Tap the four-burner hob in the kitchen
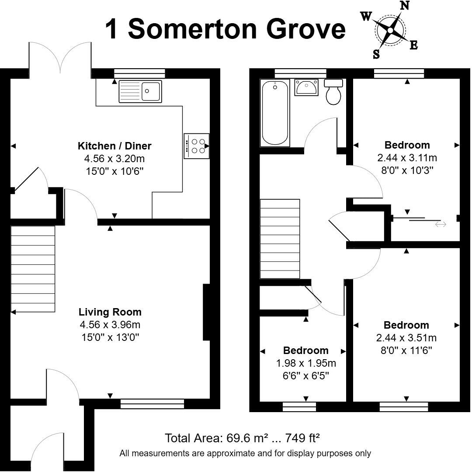point(197,146)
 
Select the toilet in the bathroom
point(334,93)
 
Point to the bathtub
point(274,112)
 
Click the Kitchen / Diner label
point(115,146)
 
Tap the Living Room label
point(110,312)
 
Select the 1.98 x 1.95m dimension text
point(306,363)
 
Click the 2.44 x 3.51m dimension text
point(406,338)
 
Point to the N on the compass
point(405,6)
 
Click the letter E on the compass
point(413,45)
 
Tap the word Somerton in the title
point(199,29)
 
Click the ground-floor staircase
point(33,269)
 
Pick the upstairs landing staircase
point(280,239)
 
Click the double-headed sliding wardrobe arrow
point(440,224)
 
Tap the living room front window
point(152,404)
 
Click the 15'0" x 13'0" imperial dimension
point(110,337)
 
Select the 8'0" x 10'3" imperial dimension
point(407,170)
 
